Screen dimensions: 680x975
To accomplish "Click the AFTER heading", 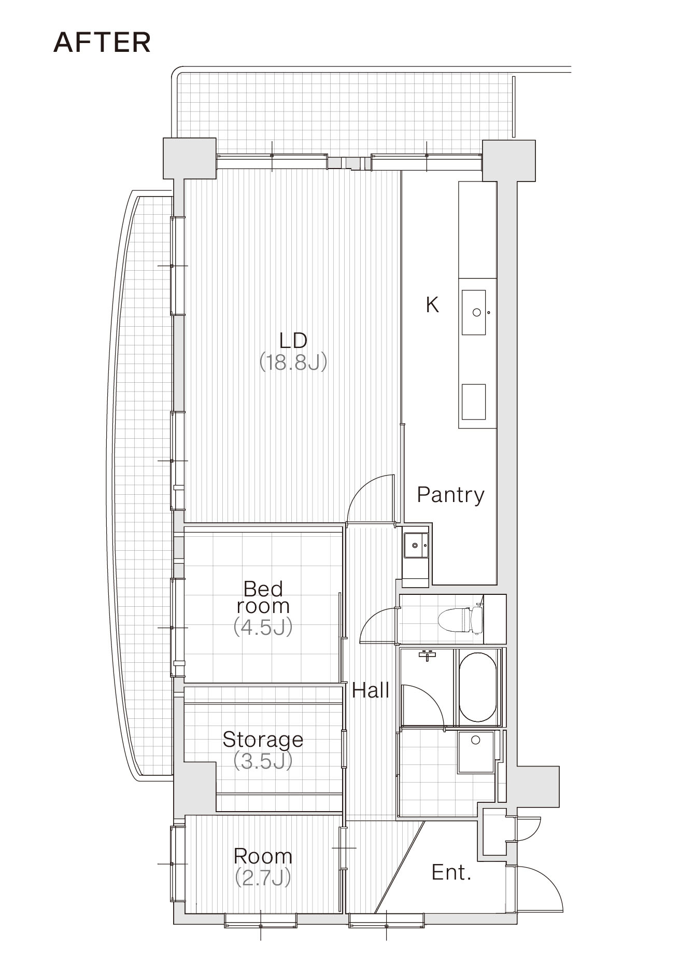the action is [102, 43].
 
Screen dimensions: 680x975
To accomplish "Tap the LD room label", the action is [293, 341].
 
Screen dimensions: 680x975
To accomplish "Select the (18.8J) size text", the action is [293, 362].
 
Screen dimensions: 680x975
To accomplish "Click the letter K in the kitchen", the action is [432, 305].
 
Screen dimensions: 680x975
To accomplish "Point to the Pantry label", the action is [451, 495].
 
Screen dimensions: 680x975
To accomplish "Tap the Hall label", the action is [371, 690].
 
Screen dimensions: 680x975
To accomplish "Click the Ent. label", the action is [451, 872].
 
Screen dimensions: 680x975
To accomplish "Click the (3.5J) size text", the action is [263, 761].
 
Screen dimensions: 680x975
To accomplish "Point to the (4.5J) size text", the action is [263, 627].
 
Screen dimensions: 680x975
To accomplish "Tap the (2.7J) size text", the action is [263, 878].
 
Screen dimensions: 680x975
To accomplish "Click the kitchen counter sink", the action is [474, 312].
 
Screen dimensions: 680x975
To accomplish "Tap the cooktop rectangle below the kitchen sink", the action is [474, 402].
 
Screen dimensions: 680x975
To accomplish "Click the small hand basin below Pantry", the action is [416, 545].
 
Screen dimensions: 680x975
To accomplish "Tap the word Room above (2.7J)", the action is [263, 856].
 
